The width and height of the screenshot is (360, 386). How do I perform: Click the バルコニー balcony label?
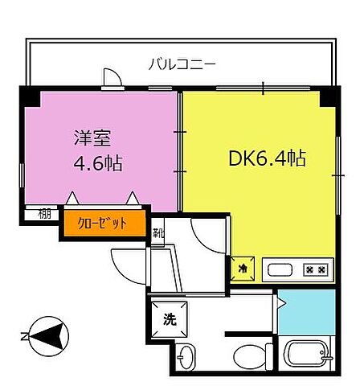[182, 64]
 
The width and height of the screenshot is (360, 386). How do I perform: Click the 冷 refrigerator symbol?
[242, 269]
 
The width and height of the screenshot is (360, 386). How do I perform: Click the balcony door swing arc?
[112, 77]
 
